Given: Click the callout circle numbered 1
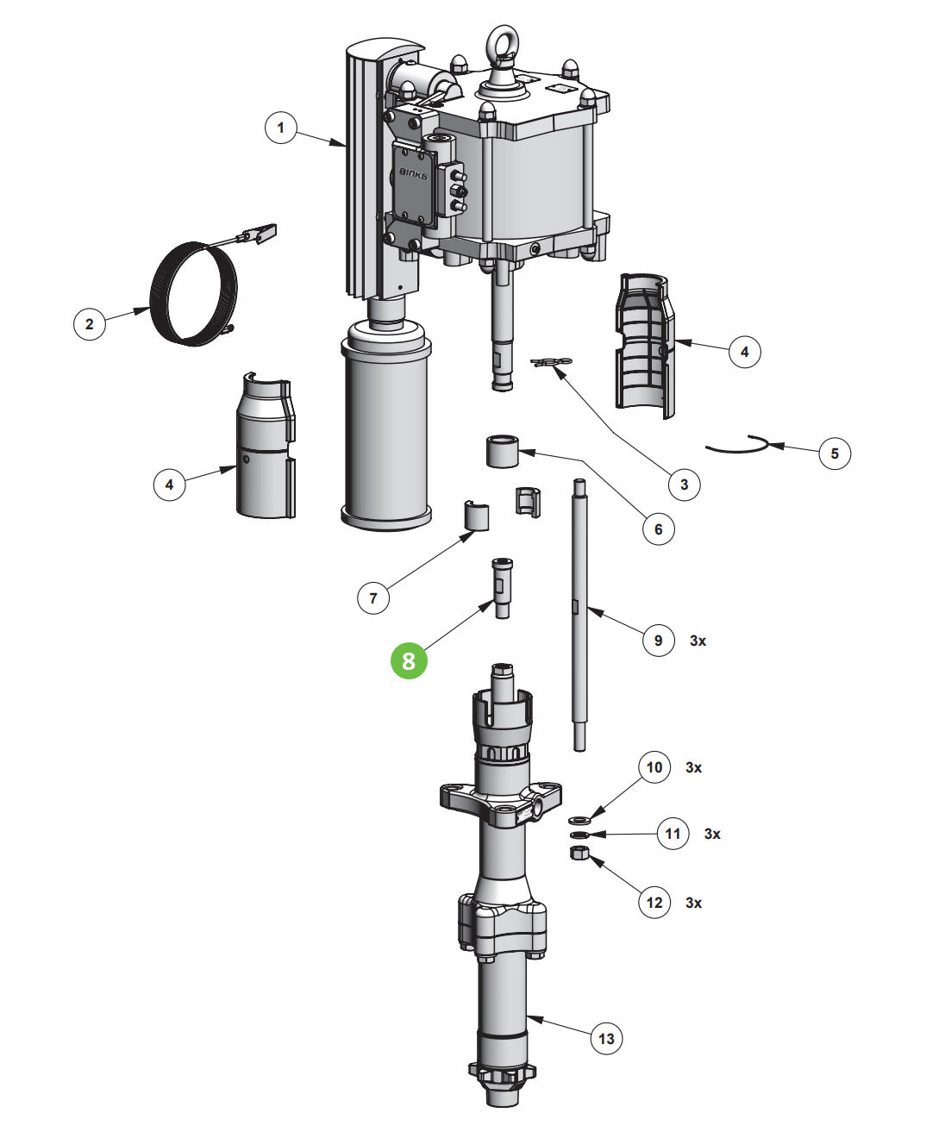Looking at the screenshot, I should tap(279, 128).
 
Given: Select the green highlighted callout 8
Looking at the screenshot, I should tap(409, 660).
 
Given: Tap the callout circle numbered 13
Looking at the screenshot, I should tap(606, 1038).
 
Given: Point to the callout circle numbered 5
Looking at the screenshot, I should tap(834, 453).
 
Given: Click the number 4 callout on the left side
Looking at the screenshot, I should tap(169, 485).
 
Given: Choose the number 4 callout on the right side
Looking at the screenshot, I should tap(745, 352).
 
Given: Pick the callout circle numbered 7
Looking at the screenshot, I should tap(372, 597).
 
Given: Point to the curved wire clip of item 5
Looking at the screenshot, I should tap(737, 445).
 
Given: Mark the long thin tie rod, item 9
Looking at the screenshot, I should tap(579, 612).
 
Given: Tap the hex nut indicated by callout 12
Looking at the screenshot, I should tap(579, 854).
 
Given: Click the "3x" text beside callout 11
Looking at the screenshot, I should tap(712, 834).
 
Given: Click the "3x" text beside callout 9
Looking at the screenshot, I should tap(698, 641).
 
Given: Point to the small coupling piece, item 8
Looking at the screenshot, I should tap(502, 586).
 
